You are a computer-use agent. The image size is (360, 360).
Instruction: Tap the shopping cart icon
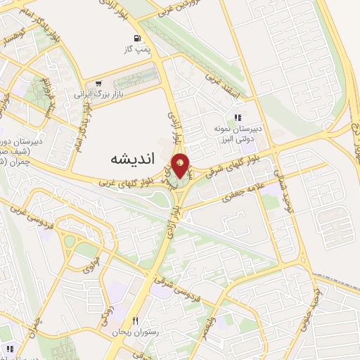98,83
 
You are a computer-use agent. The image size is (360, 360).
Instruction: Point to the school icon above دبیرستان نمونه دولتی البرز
238,117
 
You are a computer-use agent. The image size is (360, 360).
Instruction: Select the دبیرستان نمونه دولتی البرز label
238,134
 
